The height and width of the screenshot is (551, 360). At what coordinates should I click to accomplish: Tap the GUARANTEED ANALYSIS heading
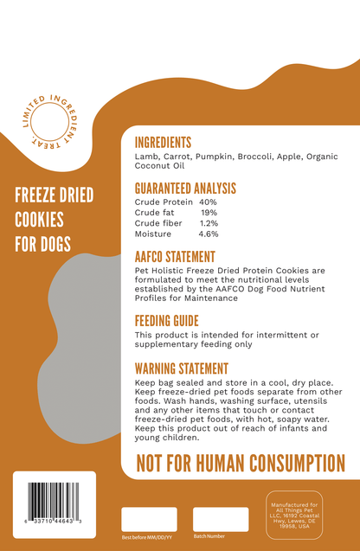[x=185, y=189]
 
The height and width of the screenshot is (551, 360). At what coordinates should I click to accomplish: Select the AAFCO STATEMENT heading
[x=175, y=257]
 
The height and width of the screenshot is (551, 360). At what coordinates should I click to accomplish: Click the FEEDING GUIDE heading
[x=167, y=322]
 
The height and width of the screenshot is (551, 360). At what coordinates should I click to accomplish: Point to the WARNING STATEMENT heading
[x=182, y=368]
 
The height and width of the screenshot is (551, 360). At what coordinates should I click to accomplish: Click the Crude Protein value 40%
[x=208, y=202]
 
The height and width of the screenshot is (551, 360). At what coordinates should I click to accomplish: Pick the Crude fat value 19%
[x=209, y=213]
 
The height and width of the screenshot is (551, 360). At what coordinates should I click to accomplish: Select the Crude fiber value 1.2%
[x=209, y=223]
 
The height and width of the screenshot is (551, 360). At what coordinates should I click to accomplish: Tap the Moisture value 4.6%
[x=209, y=234]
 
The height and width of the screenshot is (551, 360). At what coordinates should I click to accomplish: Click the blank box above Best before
[x=149, y=519]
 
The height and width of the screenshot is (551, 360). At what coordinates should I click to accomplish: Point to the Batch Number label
[x=209, y=537]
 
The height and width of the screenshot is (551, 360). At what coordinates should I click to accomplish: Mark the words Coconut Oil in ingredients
[x=160, y=166]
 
